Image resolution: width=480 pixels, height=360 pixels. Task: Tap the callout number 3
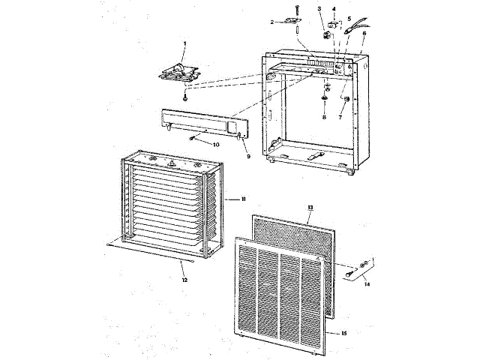319,9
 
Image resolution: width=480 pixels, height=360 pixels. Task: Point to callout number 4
334,9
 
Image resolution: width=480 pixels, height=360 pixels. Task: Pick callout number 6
364,34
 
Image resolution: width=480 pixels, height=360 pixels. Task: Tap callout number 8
324,118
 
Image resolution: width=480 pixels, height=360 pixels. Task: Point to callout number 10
216,144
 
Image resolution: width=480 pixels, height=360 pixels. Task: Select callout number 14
367,285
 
